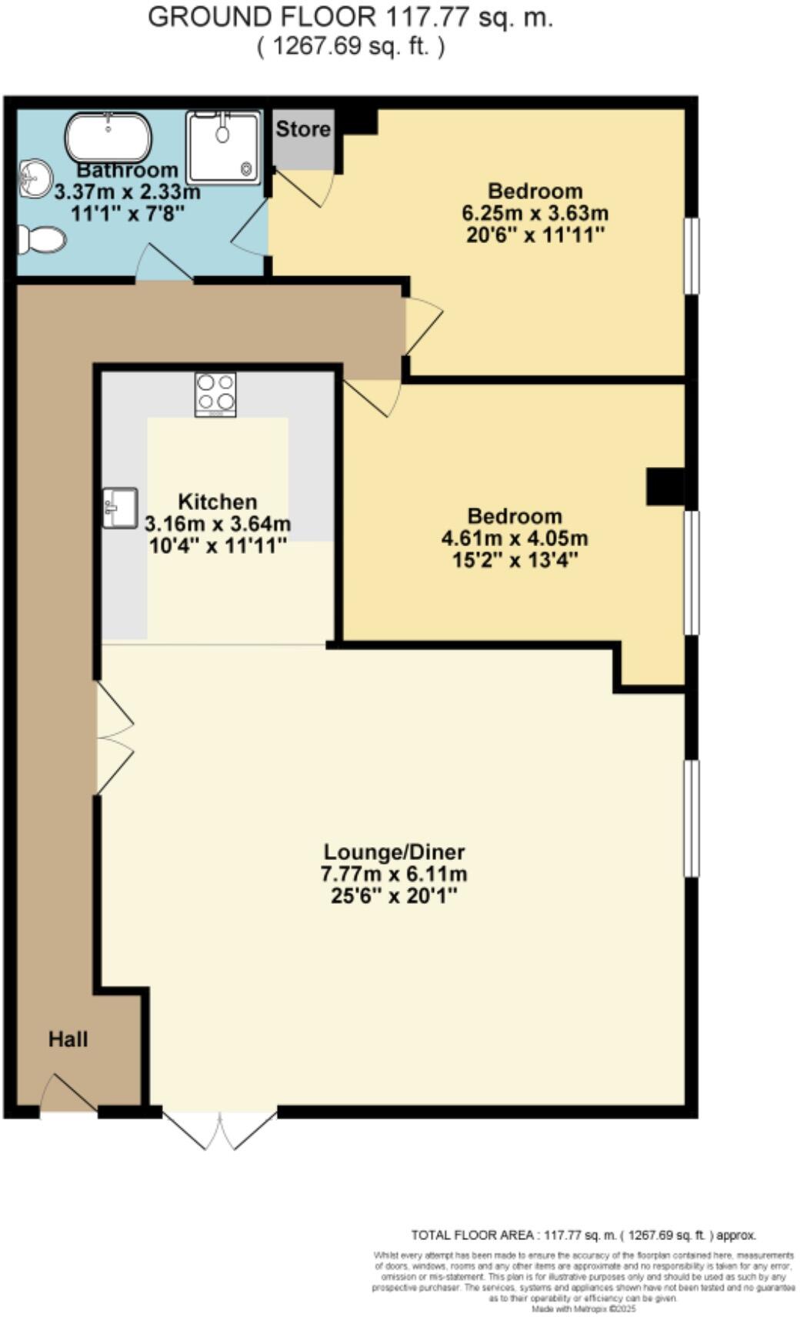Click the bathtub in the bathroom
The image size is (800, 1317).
click(x=108, y=138)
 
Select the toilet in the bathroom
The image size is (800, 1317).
click(x=42, y=239)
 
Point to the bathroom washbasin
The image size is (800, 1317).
click(x=33, y=178)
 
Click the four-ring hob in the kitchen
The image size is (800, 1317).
click(x=215, y=394)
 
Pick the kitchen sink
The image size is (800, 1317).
click(x=119, y=508)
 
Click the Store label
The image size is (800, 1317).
click(x=303, y=129)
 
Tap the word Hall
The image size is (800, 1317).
click(x=68, y=1039)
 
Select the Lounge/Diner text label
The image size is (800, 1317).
click(x=394, y=852)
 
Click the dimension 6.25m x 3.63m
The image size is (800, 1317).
click(x=535, y=213)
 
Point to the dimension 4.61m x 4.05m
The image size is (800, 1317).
click(x=514, y=538)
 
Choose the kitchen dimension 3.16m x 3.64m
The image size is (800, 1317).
click(x=218, y=525)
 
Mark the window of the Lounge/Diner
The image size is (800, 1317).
click(x=691, y=817)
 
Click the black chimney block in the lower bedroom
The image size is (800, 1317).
click(x=665, y=486)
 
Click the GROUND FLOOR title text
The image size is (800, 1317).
click(x=350, y=17)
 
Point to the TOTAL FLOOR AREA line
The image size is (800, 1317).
click(x=583, y=1235)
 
